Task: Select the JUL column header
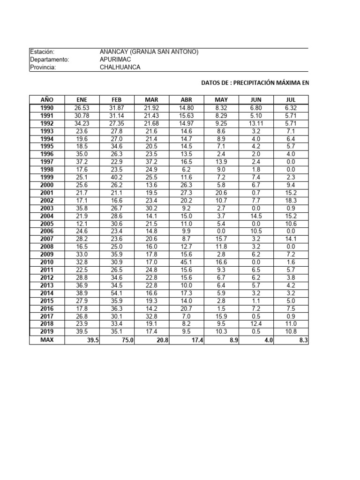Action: click(x=291, y=99)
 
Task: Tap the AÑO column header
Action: click(x=47, y=99)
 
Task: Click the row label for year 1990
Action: click(x=47, y=108)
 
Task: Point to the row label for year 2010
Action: click(x=47, y=262)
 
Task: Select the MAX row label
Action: click(x=47, y=339)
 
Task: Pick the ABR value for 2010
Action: click(x=186, y=262)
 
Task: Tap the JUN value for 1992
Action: click(x=256, y=123)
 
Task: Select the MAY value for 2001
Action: click(x=221, y=193)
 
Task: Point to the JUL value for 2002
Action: click(x=291, y=200)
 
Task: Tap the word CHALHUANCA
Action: click(x=120, y=67)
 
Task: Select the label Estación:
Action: click(x=42, y=52)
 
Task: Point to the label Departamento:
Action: click(x=50, y=60)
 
